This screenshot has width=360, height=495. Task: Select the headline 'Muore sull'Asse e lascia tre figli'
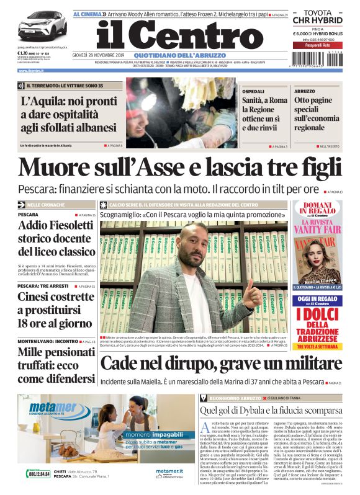pos(180,167)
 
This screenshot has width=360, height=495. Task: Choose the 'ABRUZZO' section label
pos(304,91)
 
